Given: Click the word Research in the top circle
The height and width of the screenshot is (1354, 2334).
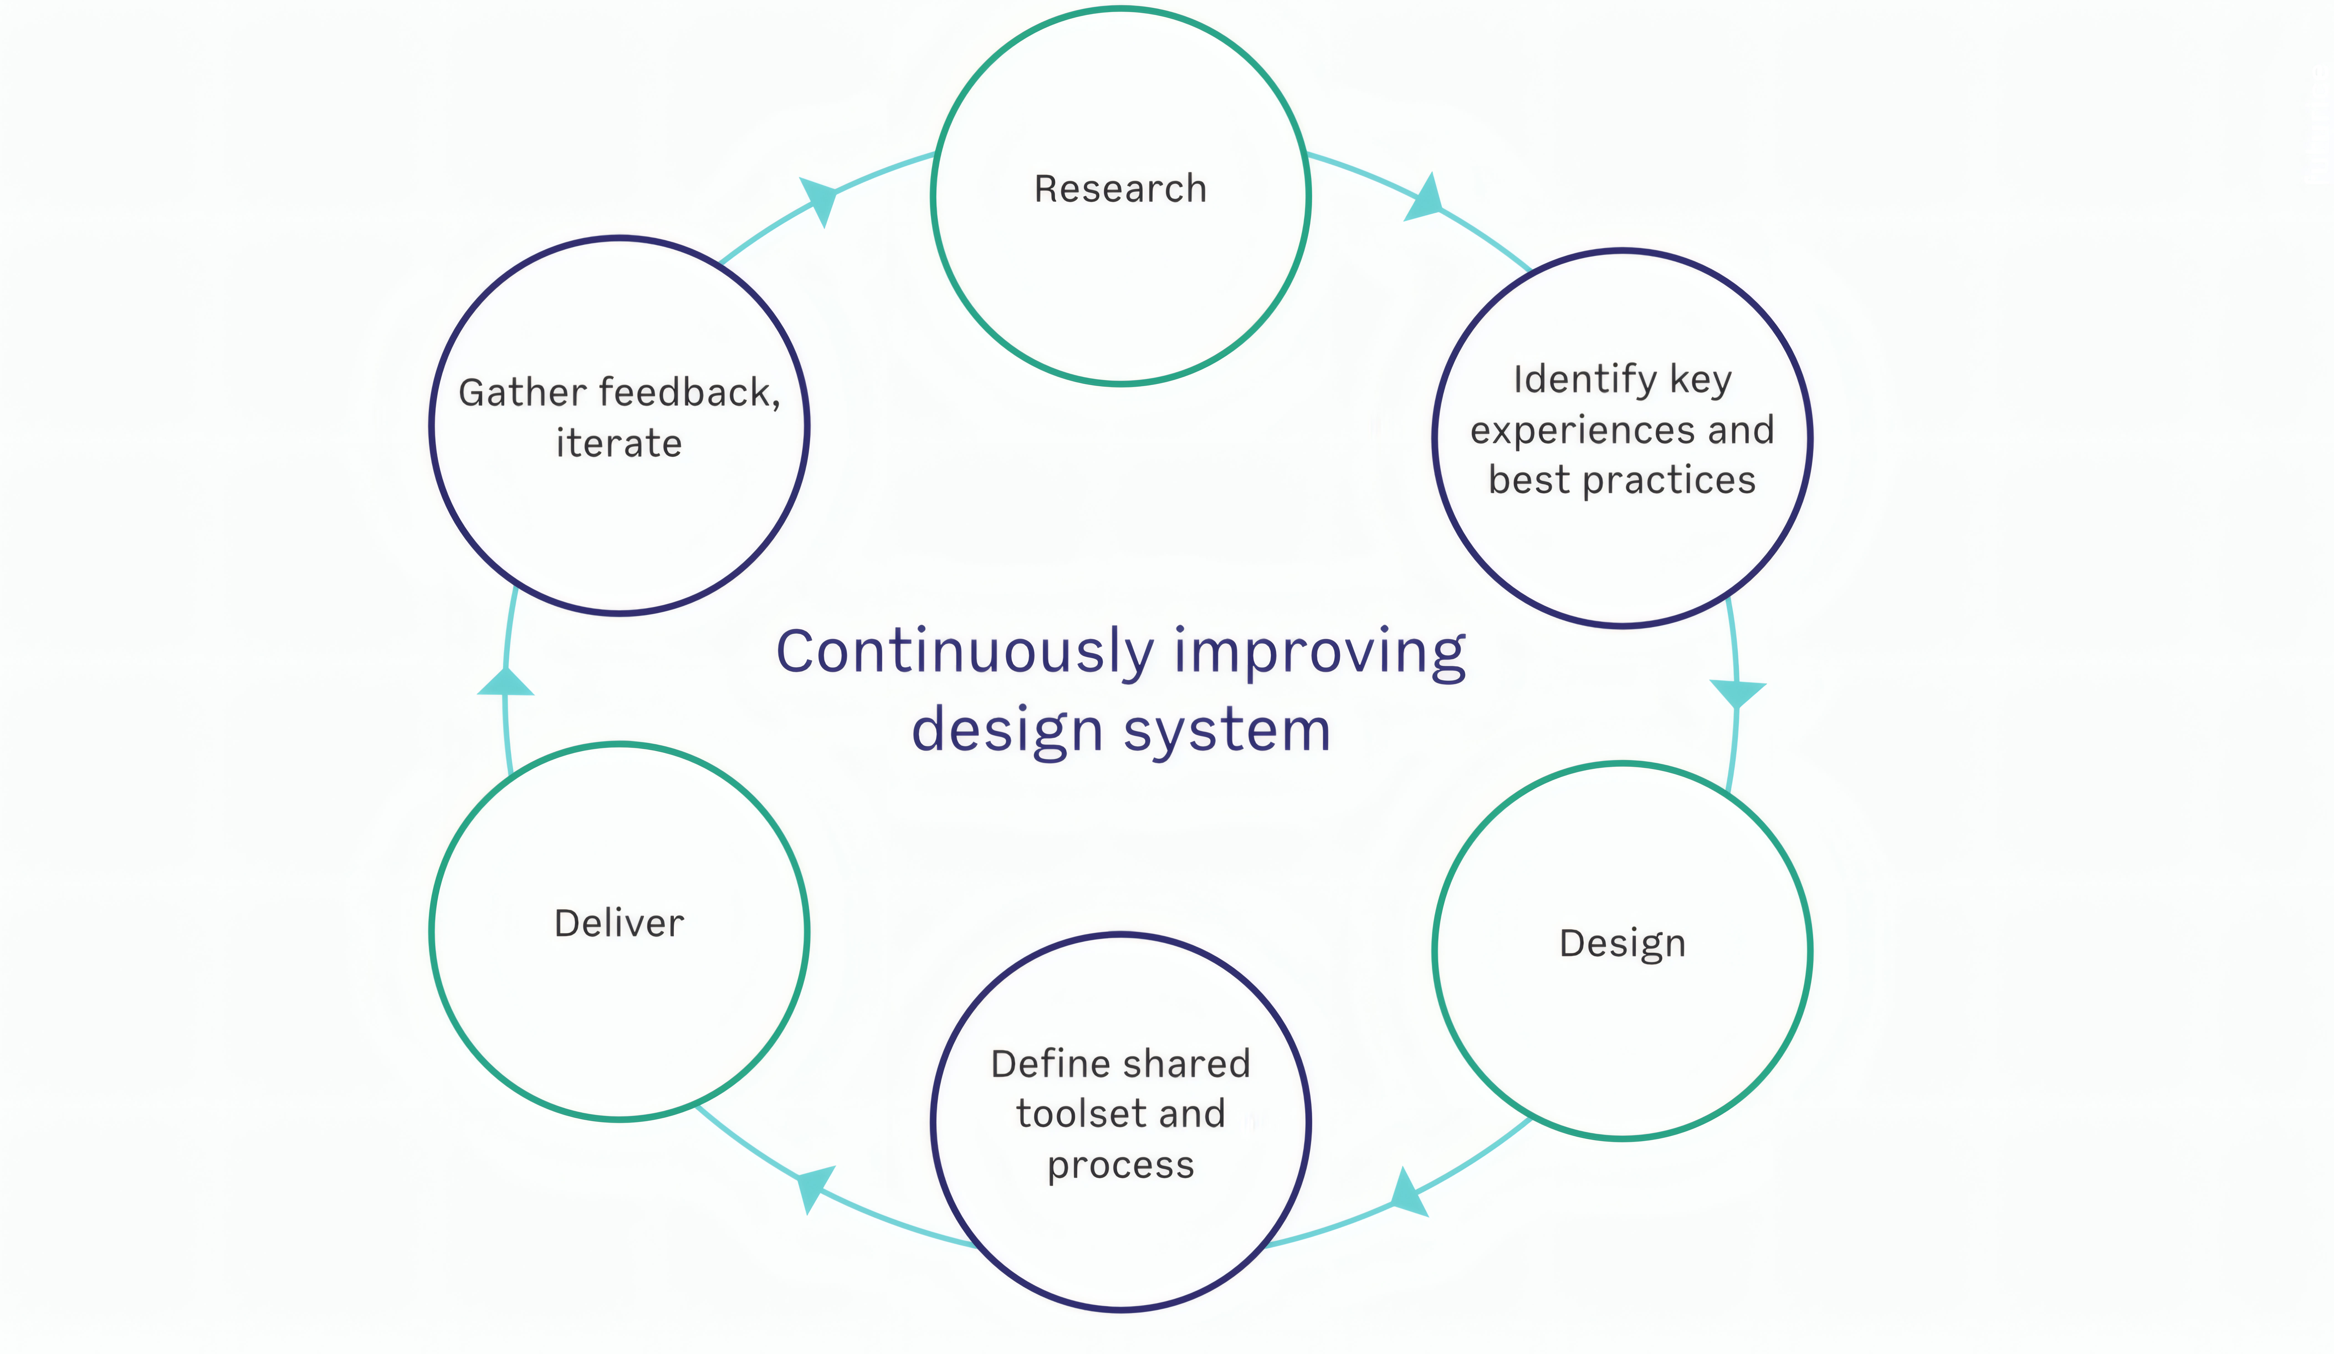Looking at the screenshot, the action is coord(1121,189).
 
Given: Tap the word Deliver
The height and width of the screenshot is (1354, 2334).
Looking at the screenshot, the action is coord(619,923).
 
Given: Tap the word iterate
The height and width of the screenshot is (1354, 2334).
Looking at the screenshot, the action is coord(619,443).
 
